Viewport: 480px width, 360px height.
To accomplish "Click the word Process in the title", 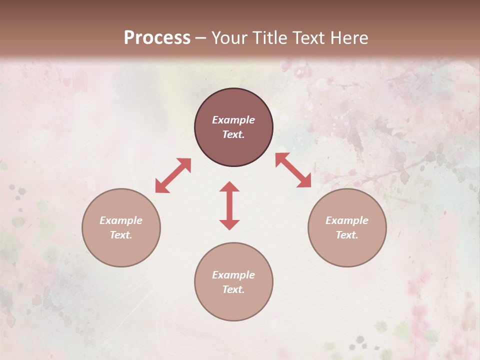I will click(157, 38).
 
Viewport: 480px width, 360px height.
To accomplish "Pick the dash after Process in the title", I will click(200, 38).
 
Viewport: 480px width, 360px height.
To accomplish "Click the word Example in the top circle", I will click(233, 120).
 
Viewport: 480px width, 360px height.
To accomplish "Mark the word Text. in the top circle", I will click(233, 134).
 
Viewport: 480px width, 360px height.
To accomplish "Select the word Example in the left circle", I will click(121, 220).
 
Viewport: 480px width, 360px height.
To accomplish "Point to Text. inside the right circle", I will click(347, 235).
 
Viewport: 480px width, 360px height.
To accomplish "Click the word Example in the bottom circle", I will click(233, 275).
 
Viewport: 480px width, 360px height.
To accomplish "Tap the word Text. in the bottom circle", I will click(233, 289).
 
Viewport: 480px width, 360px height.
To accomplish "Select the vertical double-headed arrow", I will click(229, 205).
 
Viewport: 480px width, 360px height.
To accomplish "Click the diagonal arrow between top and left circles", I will click(173, 175).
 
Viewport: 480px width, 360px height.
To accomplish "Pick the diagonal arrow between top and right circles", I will click(293, 170).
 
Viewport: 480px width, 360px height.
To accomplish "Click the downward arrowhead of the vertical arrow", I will click(229, 224).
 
